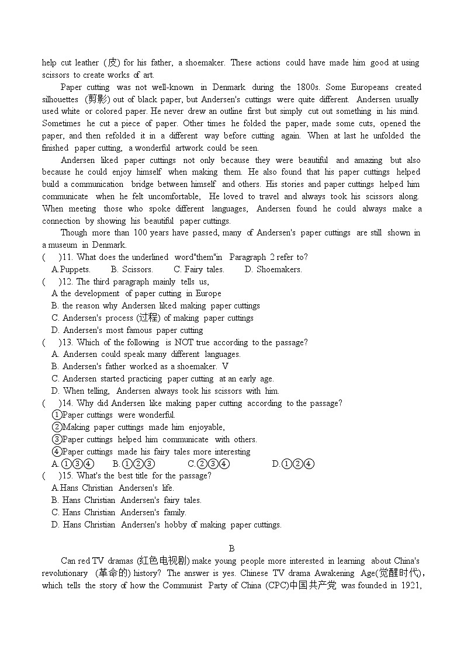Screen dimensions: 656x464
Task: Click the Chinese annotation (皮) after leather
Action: (111, 63)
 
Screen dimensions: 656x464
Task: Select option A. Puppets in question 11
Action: (71, 269)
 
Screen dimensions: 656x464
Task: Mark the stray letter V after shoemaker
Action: (225, 366)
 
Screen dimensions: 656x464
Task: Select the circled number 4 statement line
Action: (151, 452)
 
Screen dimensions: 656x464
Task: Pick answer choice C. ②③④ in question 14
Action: (208, 464)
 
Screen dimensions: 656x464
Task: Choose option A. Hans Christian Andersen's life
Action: (113, 488)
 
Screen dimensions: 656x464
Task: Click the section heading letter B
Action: (231, 548)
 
